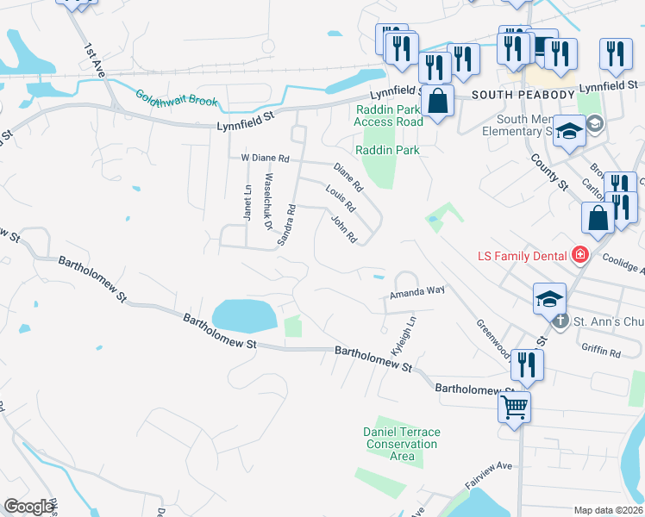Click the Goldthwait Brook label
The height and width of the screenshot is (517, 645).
coord(176,100)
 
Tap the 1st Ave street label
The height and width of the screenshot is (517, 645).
coord(94,60)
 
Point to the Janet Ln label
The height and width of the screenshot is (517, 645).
coord(247,202)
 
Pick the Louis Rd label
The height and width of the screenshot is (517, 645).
coord(341,199)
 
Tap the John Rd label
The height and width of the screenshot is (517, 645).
coord(343,228)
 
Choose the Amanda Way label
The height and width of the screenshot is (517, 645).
coord(416,292)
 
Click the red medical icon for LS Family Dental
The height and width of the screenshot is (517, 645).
coord(579,255)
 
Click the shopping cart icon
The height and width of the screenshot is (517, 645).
coord(514,405)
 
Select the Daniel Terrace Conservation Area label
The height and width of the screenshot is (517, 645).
coord(402,444)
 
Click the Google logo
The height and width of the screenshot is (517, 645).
coord(28,507)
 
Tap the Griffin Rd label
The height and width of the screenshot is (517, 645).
coord(601,352)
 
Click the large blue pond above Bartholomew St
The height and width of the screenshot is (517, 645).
coord(244,315)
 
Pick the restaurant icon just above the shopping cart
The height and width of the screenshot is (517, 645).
coord(526,365)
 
